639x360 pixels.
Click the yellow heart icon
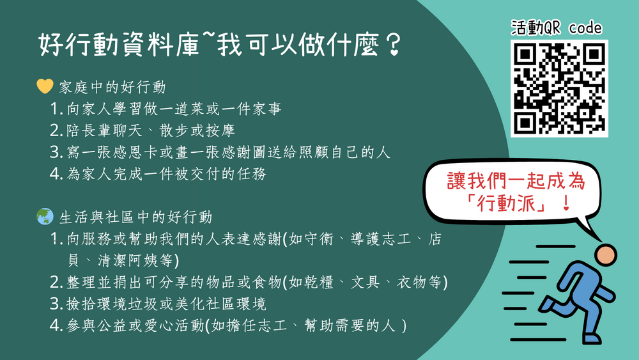(45, 86)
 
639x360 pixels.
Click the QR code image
(559, 88)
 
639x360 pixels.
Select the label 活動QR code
(557, 28)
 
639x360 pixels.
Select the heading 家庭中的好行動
(112, 87)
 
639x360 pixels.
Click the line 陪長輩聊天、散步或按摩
(151, 131)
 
